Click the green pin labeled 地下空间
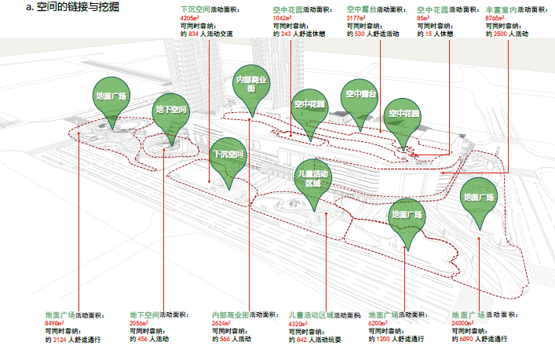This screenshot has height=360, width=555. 170,111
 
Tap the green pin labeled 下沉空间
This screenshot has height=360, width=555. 230,155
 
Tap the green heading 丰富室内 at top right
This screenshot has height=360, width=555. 501,9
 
